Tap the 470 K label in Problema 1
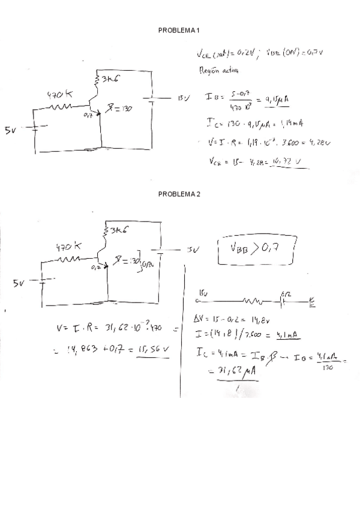tap(60, 94)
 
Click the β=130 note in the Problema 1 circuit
tap(119, 109)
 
